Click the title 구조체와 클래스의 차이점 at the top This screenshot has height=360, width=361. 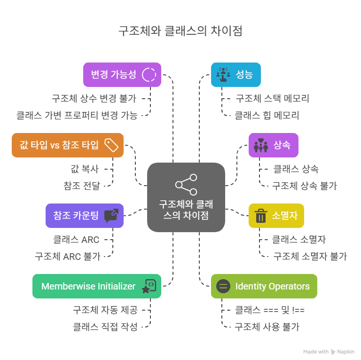(x=180, y=31)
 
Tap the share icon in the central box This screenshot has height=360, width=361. (x=186, y=184)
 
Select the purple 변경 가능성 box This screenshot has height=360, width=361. (x=116, y=75)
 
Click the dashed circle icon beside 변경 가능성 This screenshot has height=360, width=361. (x=149, y=75)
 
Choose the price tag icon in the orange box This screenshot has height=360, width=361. (x=111, y=145)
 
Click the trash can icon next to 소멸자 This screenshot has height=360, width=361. (x=260, y=216)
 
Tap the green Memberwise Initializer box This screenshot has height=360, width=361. (x=97, y=286)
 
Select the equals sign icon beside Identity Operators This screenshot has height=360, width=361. (x=223, y=286)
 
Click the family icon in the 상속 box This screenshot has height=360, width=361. (x=260, y=145)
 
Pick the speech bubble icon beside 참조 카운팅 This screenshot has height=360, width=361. (x=111, y=216)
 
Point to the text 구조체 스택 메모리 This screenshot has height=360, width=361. (x=272, y=99)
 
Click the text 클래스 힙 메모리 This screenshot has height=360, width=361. (x=267, y=116)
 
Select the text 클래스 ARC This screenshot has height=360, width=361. (x=76, y=240)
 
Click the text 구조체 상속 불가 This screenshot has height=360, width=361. (x=305, y=186)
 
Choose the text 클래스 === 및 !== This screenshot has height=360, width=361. (x=270, y=310)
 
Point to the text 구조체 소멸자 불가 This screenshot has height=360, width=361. (x=310, y=257)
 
